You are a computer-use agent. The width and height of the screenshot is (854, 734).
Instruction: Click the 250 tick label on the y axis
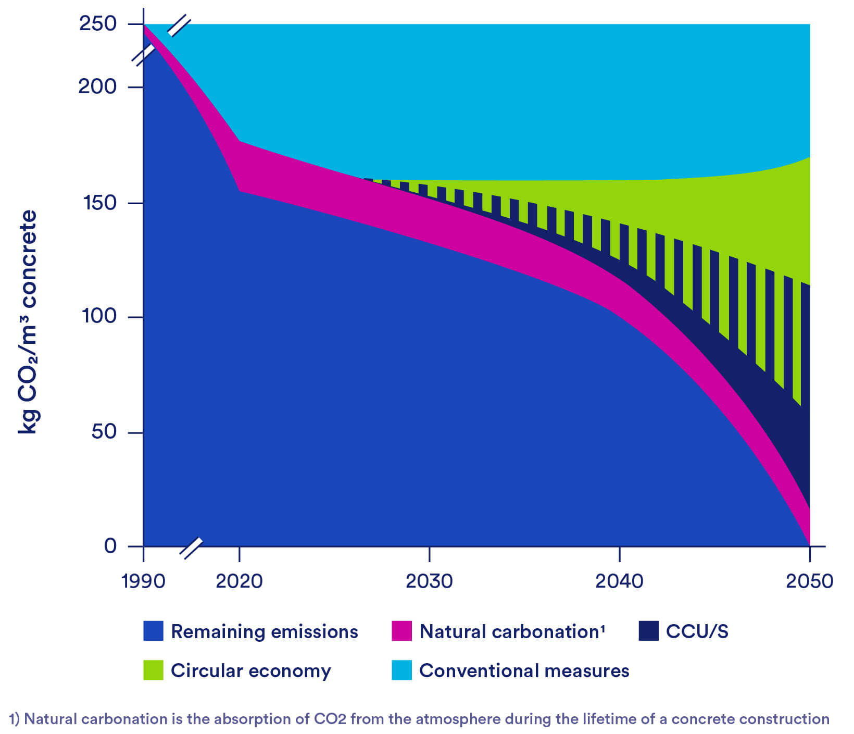97,24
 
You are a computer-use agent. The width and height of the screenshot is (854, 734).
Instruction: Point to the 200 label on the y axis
97,86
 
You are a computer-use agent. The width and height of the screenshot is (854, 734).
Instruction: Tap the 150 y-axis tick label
99,203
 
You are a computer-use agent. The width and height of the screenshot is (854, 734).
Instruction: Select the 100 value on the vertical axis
99,316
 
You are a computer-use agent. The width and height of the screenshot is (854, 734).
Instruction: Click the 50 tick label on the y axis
103,432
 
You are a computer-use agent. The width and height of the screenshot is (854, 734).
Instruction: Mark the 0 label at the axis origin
110,546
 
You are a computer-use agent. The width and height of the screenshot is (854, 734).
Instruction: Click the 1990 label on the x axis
143,581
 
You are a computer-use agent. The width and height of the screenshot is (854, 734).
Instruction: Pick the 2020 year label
239,581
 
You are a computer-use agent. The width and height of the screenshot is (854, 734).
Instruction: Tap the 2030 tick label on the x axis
429,581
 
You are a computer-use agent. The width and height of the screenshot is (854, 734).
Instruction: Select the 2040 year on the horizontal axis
619,581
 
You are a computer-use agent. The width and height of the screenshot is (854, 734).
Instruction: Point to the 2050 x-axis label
809,581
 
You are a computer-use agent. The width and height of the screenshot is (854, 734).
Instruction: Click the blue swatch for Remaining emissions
153,631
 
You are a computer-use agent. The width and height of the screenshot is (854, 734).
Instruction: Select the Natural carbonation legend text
511,631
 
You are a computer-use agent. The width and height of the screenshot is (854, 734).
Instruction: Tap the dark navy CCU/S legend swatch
648,631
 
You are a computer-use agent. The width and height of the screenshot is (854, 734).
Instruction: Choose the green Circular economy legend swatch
153,670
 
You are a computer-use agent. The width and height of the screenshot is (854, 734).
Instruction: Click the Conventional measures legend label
524,670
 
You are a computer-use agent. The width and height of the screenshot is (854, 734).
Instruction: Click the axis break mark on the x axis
191,548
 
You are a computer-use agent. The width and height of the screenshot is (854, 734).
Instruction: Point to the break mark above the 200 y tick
144,55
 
